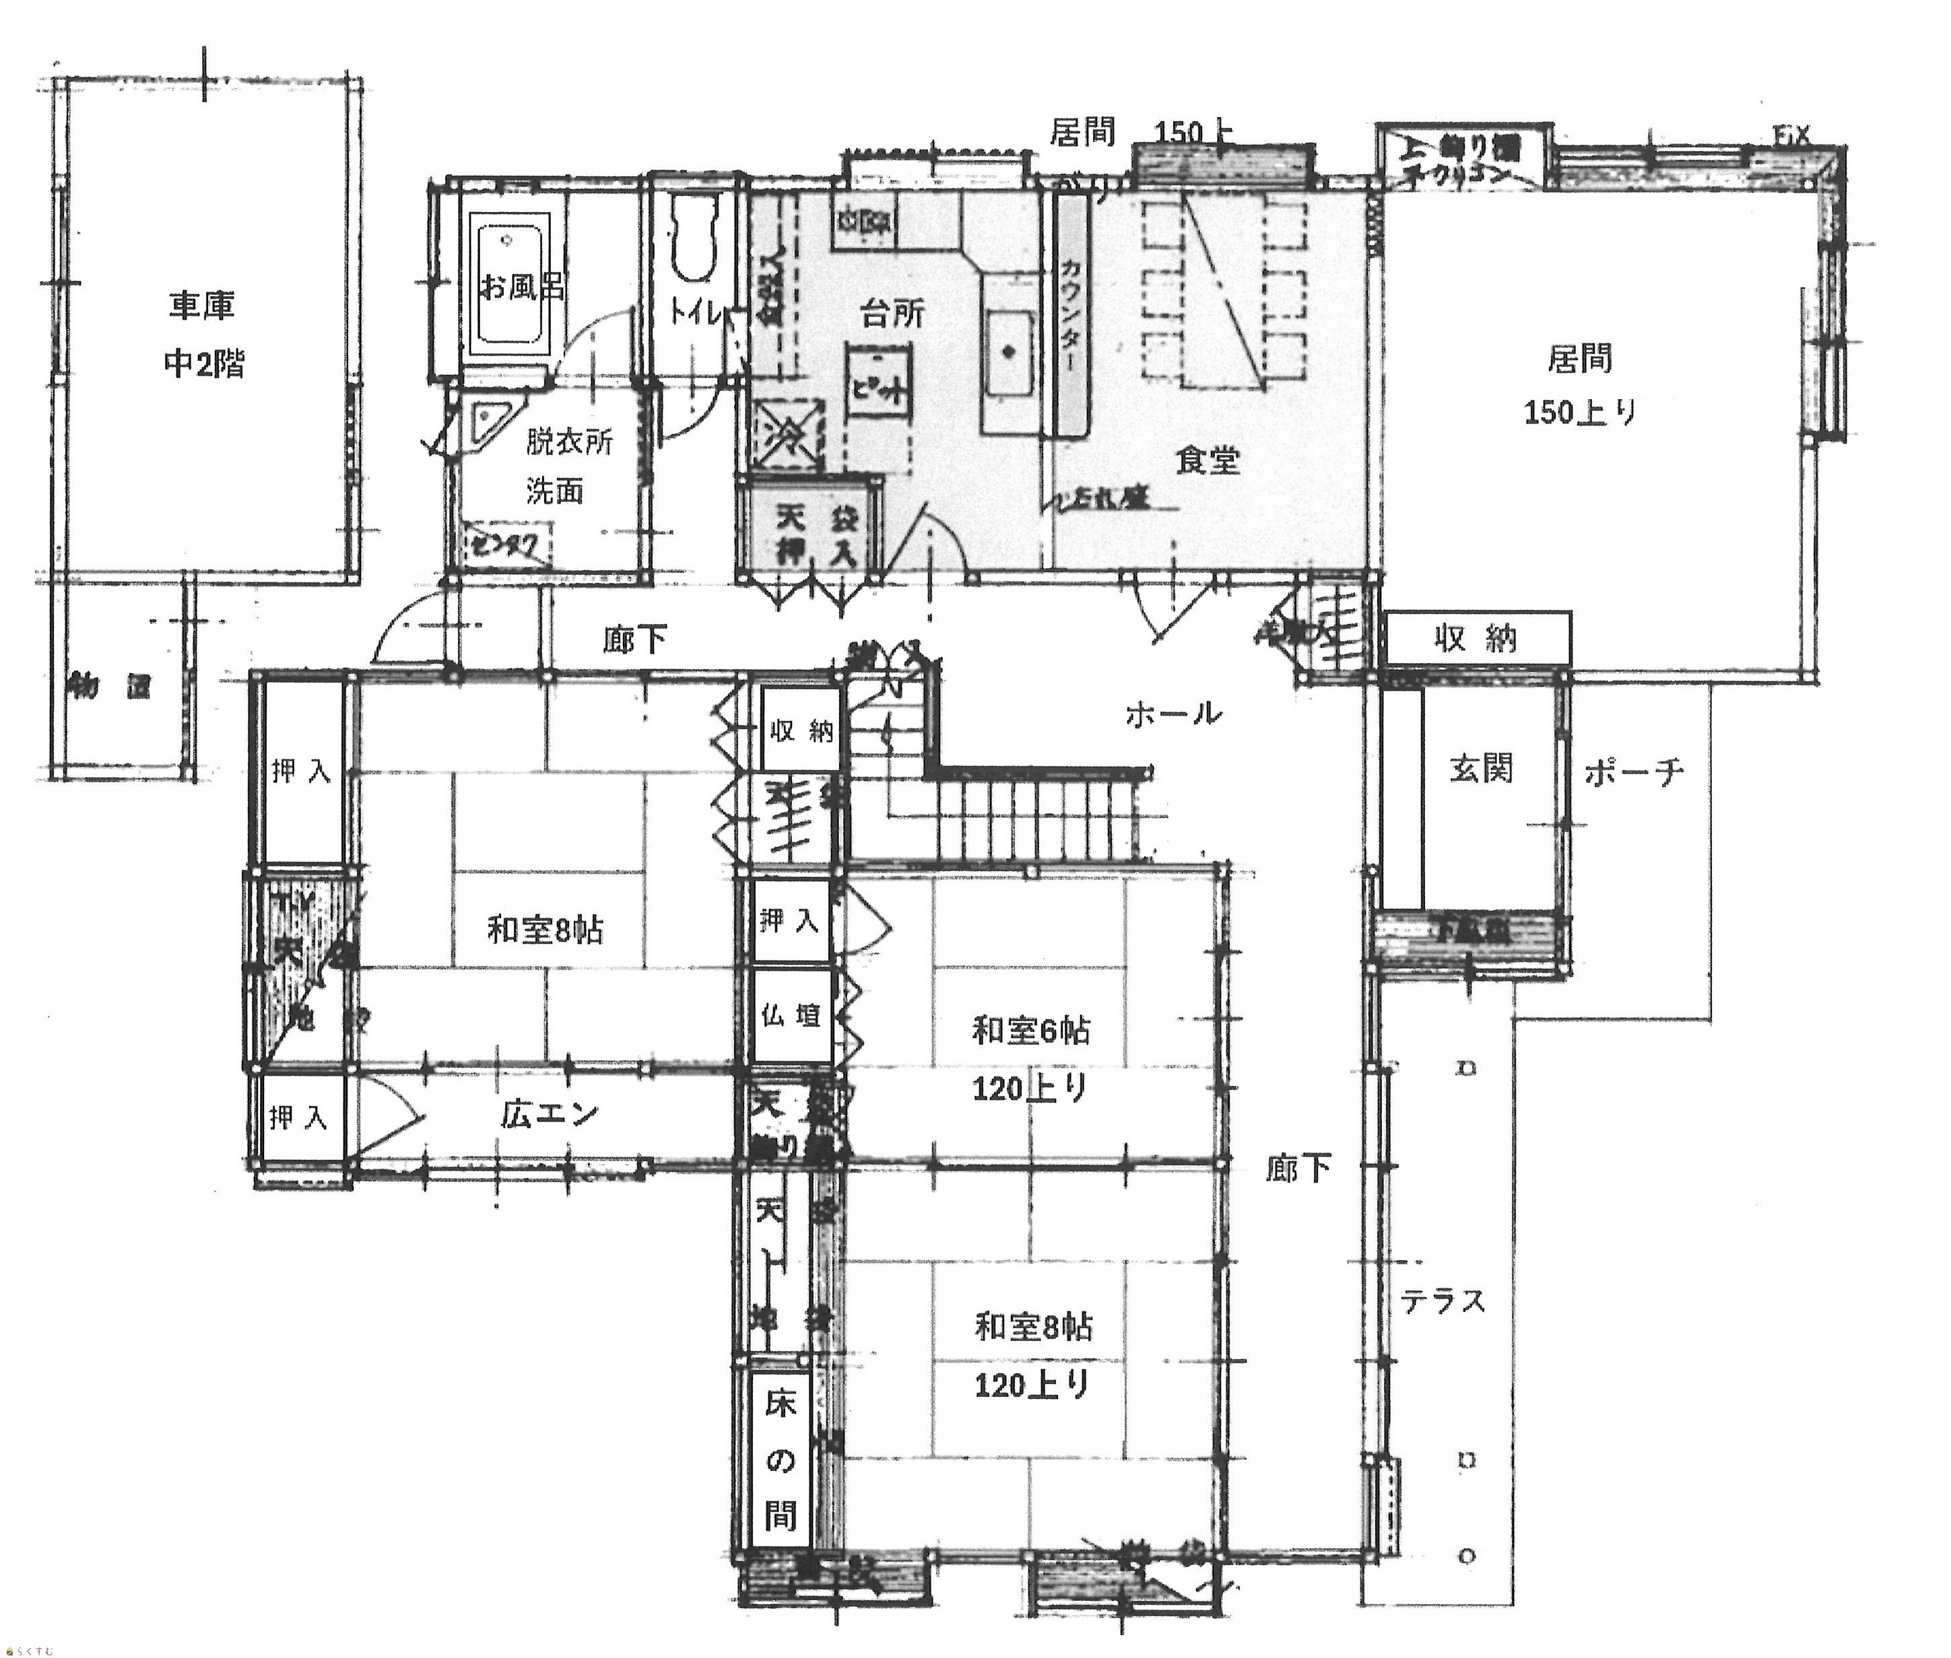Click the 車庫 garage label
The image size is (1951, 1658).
coord(201,306)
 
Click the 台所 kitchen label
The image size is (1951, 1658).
coord(892,314)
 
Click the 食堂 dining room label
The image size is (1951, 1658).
coord(1208,460)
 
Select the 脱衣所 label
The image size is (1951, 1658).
coord(569,441)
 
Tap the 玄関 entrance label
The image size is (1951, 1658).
coord(1481,768)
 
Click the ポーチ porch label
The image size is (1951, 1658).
coord(1634,773)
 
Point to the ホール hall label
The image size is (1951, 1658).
coord(1173,714)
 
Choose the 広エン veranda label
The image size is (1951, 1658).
coord(549,1114)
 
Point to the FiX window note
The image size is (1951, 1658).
coord(1791,136)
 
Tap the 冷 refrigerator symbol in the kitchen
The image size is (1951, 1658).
coord(788,434)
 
